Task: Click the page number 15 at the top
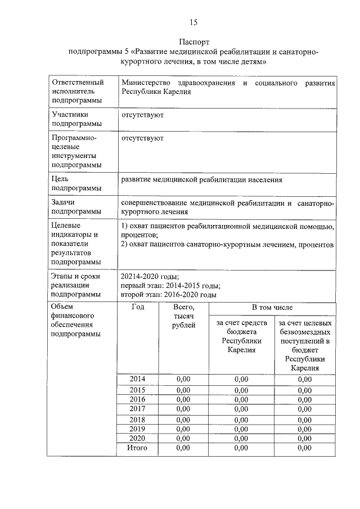(x=193, y=22)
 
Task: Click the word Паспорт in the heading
(x=193, y=42)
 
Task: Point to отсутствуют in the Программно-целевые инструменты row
(x=142, y=137)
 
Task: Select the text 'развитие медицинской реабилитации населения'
(x=201, y=179)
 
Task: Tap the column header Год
(x=138, y=308)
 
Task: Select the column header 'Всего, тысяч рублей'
(x=184, y=317)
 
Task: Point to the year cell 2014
(x=138, y=379)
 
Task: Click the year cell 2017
(x=138, y=408)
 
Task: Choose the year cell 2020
(x=138, y=438)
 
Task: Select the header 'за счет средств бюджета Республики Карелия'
(x=241, y=336)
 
